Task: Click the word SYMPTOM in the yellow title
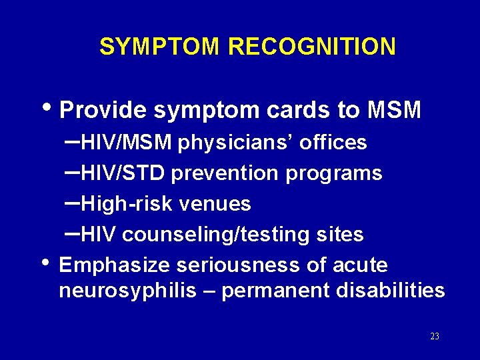(x=159, y=47)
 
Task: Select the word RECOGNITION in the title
(x=311, y=47)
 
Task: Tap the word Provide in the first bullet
(x=103, y=110)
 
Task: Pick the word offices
(x=333, y=143)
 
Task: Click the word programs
(x=334, y=173)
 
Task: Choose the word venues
(x=220, y=204)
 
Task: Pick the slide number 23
(x=435, y=337)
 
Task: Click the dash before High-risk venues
(x=74, y=201)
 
